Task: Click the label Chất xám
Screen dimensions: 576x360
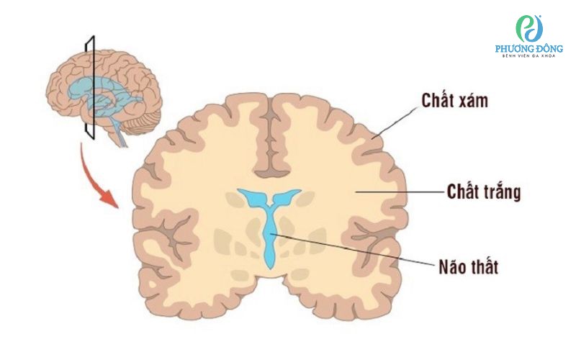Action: [455, 101]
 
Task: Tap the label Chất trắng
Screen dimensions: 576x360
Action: [484, 192]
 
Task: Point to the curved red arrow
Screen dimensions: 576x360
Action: [92, 179]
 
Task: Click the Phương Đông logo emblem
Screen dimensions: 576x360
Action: [529, 29]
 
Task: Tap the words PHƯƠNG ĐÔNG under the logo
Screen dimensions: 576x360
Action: [529, 48]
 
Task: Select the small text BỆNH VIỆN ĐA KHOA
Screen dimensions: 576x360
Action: [529, 56]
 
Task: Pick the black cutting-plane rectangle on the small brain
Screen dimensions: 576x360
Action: [91, 88]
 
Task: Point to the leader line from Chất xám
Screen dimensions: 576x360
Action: [395, 123]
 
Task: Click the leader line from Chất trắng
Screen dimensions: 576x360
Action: [400, 192]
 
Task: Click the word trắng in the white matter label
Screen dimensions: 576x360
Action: [502, 192]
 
